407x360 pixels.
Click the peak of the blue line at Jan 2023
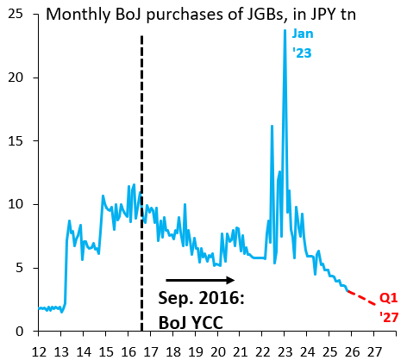coord(285,31)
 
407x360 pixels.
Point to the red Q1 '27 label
coord(389,307)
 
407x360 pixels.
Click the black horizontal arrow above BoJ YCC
coord(199,280)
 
